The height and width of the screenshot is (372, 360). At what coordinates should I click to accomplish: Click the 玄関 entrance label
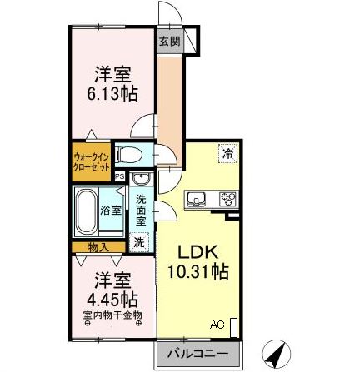point(167,41)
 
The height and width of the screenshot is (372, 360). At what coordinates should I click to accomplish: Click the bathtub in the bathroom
point(86,213)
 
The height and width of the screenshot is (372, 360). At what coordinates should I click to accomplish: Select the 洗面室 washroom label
point(140,211)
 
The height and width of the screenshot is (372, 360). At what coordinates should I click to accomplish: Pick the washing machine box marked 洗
point(139,241)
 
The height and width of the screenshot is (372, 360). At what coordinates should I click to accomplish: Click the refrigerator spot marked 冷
point(226,153)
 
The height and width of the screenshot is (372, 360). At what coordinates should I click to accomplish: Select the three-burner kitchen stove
point(227,199)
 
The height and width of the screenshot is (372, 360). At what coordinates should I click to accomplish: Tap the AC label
point(217,325)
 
